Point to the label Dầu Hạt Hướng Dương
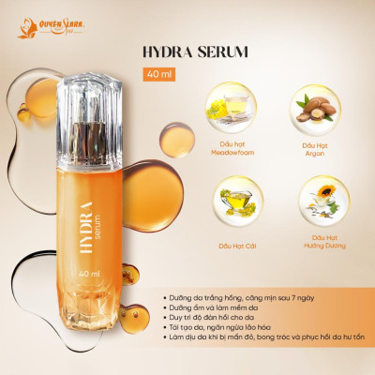pyautogui.click(x=316, y=247)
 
